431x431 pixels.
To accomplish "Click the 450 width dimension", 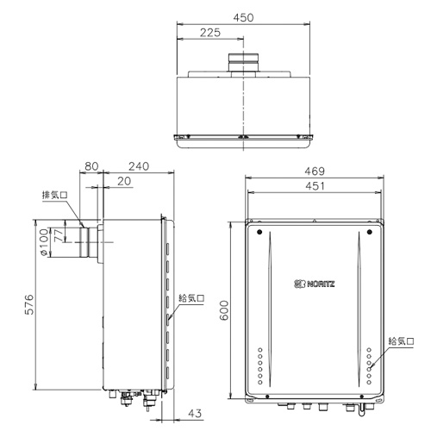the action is tap(243, 18).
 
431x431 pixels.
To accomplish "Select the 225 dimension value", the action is tap(210, 33).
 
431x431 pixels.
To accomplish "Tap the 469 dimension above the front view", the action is tap(315, 172).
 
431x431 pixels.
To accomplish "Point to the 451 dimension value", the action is tap(315, 186).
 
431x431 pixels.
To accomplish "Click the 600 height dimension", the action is tap(223, 310).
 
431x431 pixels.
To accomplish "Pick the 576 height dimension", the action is tap(29, 304).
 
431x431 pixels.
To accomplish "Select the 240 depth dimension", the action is tap(139, 166).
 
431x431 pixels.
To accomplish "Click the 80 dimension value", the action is tap(91, 166).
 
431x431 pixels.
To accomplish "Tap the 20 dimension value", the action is tap(124, 181).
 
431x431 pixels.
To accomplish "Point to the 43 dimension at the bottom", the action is tap(195, 414).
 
